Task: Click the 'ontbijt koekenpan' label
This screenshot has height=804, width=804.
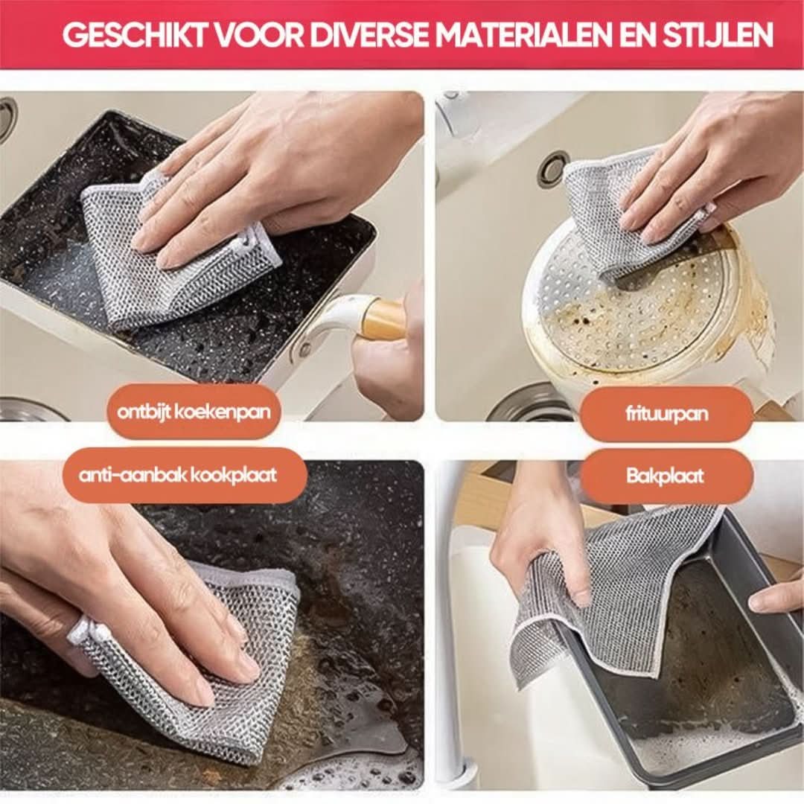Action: point(194,412)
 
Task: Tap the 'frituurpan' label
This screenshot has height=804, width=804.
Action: point(666,414)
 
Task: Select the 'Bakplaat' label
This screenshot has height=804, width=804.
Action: point(665,476)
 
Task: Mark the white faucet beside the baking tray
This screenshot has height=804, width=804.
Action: point(447,633)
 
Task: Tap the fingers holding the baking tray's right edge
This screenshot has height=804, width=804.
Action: point(778,596)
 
